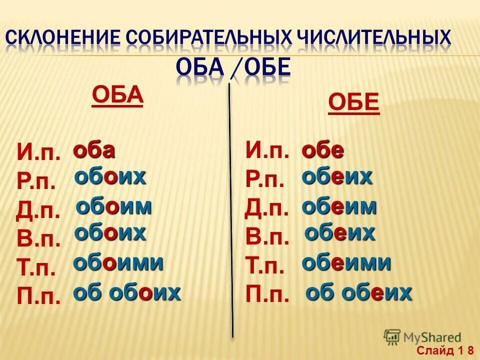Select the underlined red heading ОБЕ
point(353,103)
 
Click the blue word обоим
point(113,206)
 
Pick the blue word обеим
point(339,206)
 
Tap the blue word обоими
point(118,262)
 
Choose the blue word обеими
point(346,262)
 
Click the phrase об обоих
point(126,292)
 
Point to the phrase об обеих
point(358,292)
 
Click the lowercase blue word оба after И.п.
point(94,150)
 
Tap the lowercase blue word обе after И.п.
point(322,150)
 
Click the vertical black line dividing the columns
point(230,210)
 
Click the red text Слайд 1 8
point(446,349)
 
